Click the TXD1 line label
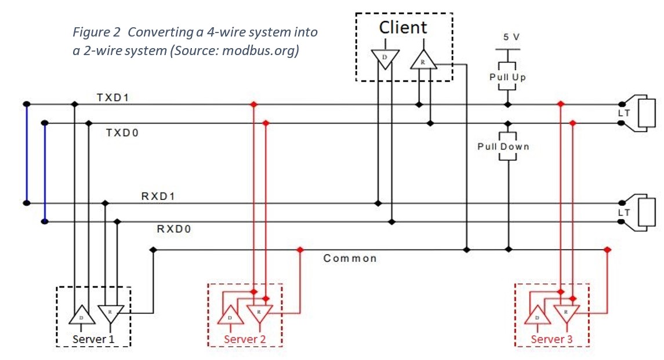tap(113, 97)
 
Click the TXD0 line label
tap(122, 133)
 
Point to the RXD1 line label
tap(158, 196)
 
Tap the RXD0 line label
tap(174, 229)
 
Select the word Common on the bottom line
tap(350, 258)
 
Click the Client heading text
tap(403, 27)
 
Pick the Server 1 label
tap(93, 339)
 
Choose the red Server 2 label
tap(245, 339)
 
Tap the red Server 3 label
tap(552, 339)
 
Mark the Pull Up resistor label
tap(507, 77)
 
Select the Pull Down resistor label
tap(503, 147)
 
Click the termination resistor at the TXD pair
tap(646, 113)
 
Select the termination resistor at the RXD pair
tap(646, 212)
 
